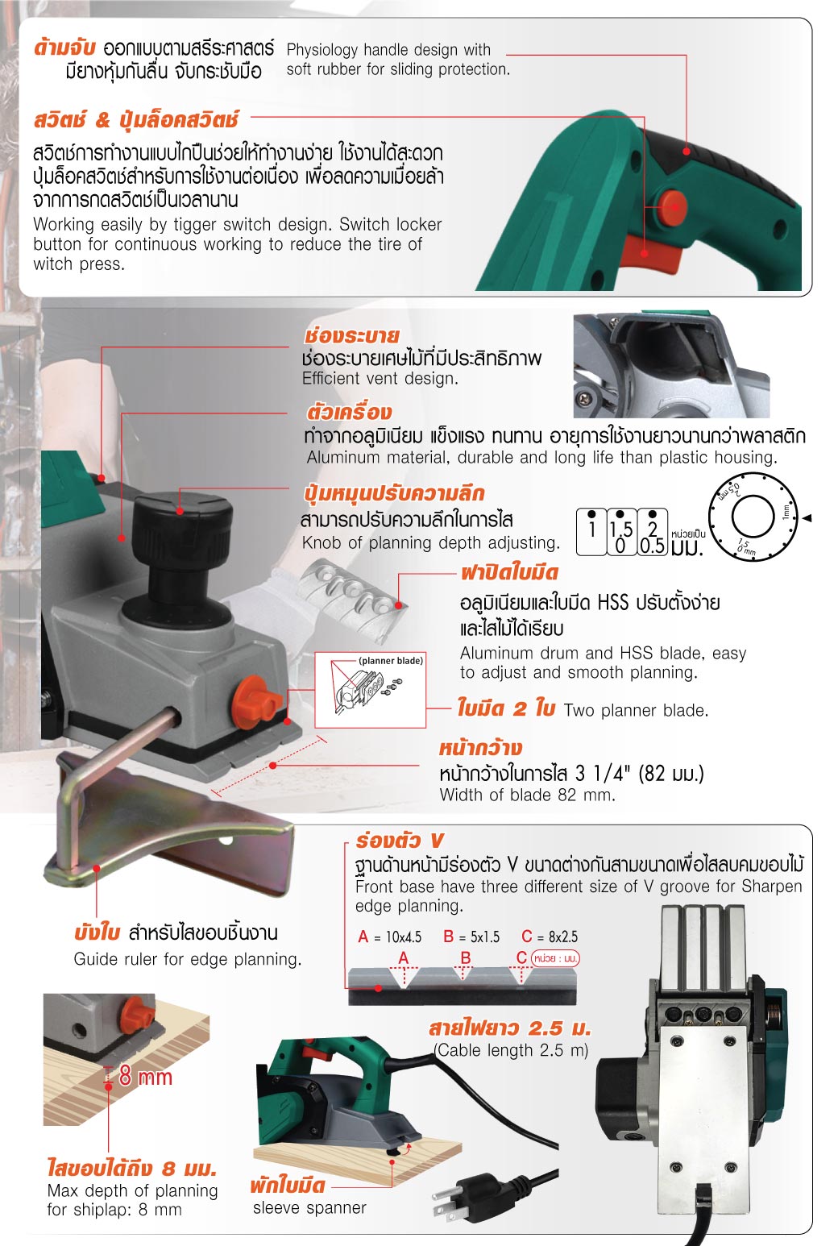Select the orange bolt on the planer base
click(257, 702)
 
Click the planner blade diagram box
click(371, 690)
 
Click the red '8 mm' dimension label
click(145, 1077)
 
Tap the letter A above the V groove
click(404, 957)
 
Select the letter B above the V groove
click(466, 957)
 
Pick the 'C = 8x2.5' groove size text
click(550, 937)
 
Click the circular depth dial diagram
click(753, 517)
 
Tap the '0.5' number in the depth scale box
click(653, 545)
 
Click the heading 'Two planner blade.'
click(636, 710)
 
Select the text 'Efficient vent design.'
click(380, 378)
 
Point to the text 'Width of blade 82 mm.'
click(527, 795)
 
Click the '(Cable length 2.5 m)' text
click(511, 1050)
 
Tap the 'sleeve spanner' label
click(309, 1207)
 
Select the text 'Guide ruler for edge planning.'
click(188, 960)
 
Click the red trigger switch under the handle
click(652, 254)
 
